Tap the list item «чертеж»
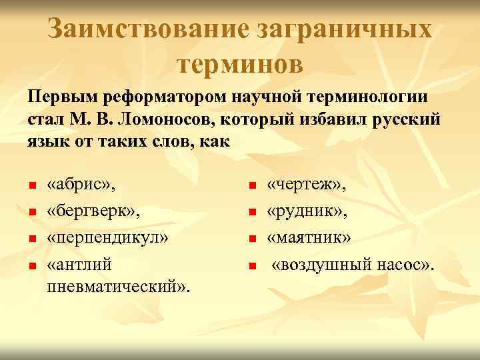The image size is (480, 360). click(303, 185)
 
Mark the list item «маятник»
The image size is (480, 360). click(309, 239)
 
